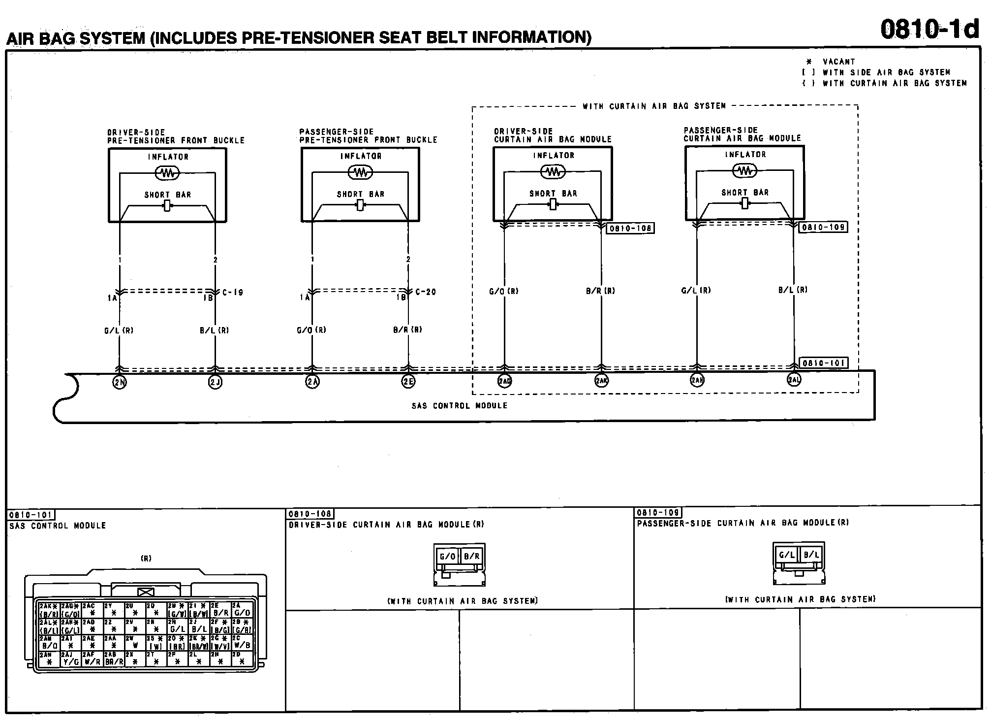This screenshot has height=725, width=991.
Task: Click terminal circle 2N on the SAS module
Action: pos(120,382)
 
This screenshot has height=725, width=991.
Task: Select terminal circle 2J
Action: pos(215,382)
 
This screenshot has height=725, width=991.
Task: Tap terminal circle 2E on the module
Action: pos(408,382)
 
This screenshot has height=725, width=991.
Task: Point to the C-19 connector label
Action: pos(233,293)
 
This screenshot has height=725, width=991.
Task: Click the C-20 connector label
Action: pos(426,292)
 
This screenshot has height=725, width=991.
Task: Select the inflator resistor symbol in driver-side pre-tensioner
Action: pos(167,173)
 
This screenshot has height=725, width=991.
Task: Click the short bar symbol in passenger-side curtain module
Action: pos(744,203)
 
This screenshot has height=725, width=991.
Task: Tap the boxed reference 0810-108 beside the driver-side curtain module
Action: pos(630,229)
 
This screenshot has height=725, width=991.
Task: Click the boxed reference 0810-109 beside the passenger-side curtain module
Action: pos(823,228)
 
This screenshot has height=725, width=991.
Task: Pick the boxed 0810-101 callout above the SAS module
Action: pos(823,363)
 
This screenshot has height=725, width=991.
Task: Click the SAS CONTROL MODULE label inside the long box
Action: pos(459,406)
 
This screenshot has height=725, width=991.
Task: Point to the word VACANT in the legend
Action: pos(839,62)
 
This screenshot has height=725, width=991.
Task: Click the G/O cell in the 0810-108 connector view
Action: pos(447,557)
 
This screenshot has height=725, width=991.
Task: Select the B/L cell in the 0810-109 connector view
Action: pos(811,555)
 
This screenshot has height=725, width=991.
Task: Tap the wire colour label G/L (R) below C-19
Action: pos(119,331)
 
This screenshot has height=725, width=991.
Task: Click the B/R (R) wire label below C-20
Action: pos(407,330)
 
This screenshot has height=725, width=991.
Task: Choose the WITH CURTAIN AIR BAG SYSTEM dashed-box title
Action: pos(654,106)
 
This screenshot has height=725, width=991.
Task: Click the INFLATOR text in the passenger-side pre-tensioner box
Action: pos(361,156)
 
